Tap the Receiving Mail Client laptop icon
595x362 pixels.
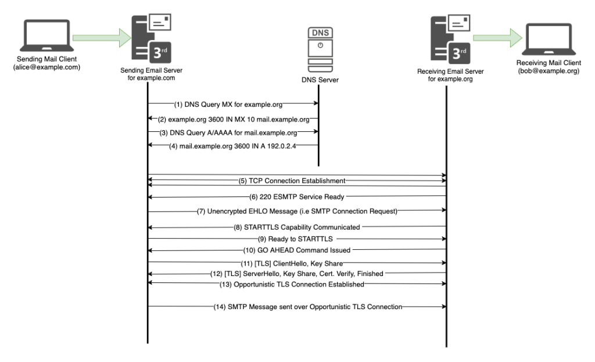pos(550,40)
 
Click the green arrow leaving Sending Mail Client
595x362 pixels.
pos(100,38)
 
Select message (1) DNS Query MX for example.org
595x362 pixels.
pos(232,105)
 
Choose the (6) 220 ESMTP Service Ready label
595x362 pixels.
pos(296,196)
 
